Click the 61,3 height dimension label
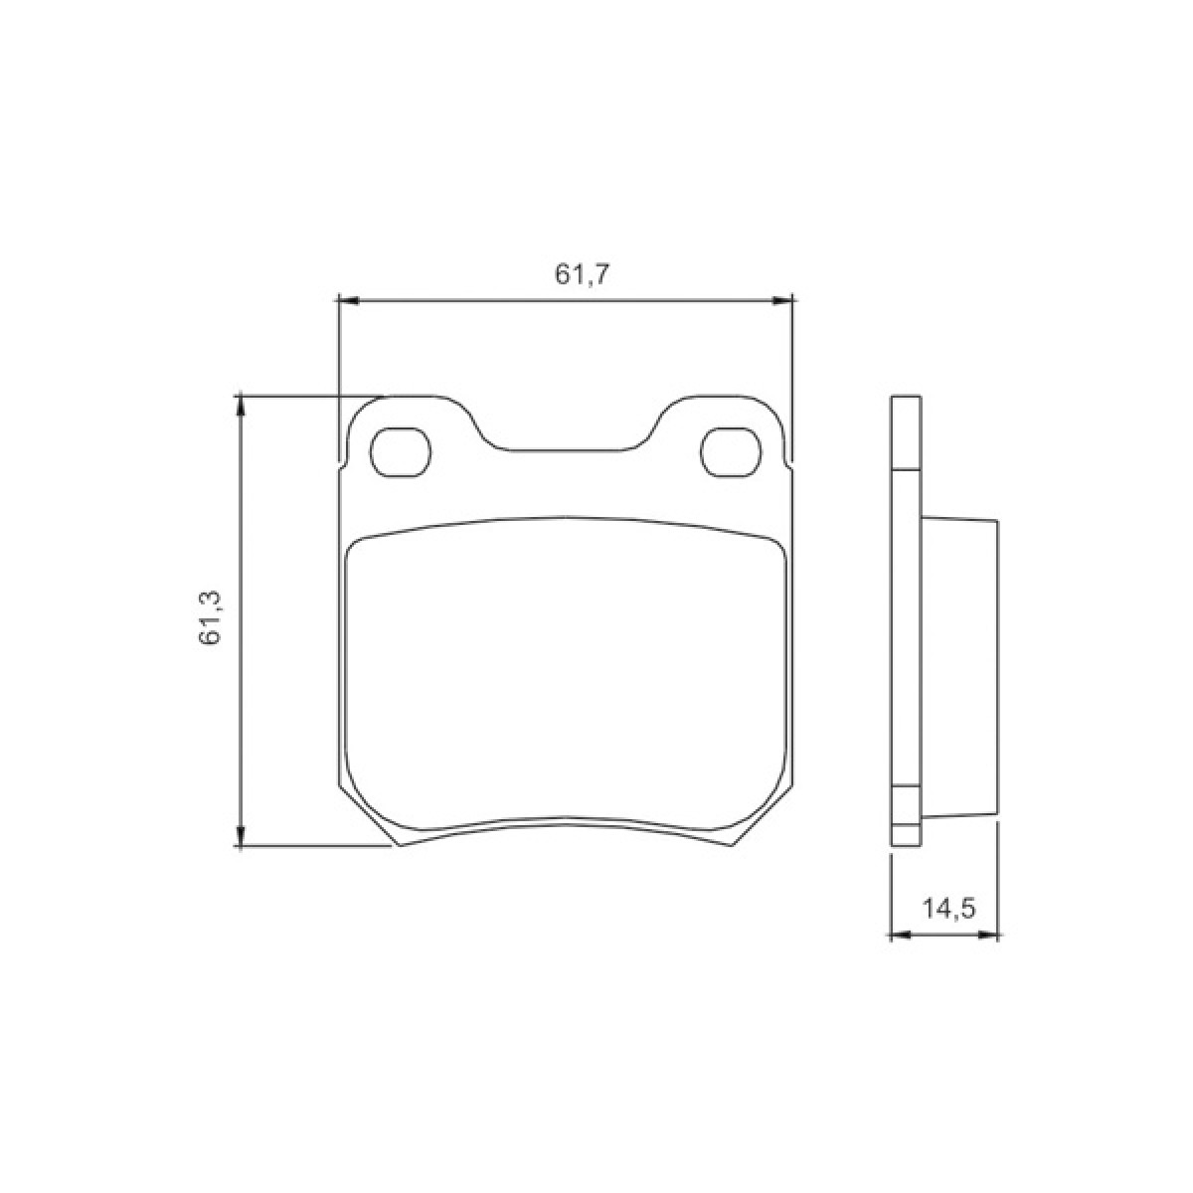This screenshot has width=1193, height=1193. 211,617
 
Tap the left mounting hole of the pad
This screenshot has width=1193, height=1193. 401,452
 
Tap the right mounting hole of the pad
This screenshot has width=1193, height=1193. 732,452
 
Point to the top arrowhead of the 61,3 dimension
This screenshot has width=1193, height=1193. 239,403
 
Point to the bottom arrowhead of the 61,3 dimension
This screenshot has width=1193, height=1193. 239,839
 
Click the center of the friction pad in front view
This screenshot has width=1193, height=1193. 566,676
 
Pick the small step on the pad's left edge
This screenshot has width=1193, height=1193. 341,465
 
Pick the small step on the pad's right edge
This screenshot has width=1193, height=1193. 791,465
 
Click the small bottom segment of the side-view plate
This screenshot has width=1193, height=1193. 906,836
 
